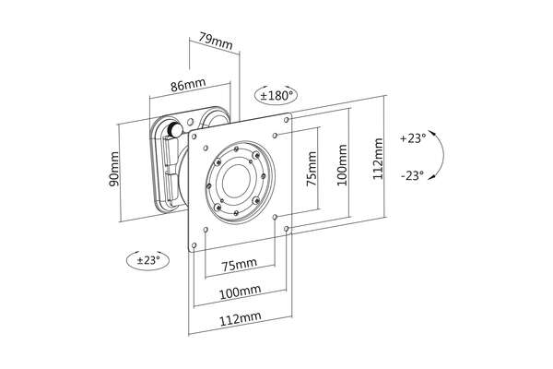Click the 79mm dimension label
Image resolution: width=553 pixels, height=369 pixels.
(x=210, y=41)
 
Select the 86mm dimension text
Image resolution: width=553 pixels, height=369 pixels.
(x=188, y=85)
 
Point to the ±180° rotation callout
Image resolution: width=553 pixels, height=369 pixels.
(x=276, y=95)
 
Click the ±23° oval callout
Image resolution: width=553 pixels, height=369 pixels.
(x=146, y=260)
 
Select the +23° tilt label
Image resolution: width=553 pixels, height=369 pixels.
(x=413, y=138)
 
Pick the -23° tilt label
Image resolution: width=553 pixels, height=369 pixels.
(x=412, y=175)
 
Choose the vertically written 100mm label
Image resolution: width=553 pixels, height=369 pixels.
(x=343, y=164)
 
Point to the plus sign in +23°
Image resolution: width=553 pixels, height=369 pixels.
(x=402, y=138)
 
